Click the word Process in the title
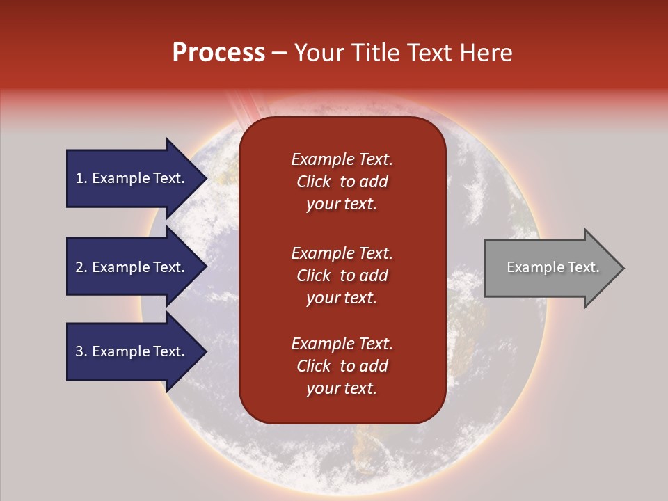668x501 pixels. coord(218,53)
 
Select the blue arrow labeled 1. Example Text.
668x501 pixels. coord(136,178)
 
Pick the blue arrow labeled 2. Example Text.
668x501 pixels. coord(136,267)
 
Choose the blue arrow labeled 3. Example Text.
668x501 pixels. coord(136,351)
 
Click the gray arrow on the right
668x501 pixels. coord(554,267)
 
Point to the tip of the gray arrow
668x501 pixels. coord(624,268)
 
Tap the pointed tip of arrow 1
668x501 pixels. coord(207,178)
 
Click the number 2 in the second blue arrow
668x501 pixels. coord(79,267)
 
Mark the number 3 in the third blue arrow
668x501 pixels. coord(79,351)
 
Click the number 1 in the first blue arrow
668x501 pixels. coord(79,178)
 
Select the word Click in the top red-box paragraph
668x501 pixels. coord(314,182)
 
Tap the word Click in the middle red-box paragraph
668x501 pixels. coord(314,276)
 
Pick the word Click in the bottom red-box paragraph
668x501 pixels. coord(314,365)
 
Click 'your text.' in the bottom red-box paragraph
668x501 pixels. coord(342,388)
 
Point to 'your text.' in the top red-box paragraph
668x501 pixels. coord(342,204)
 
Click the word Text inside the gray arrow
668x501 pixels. coord(584,267)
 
